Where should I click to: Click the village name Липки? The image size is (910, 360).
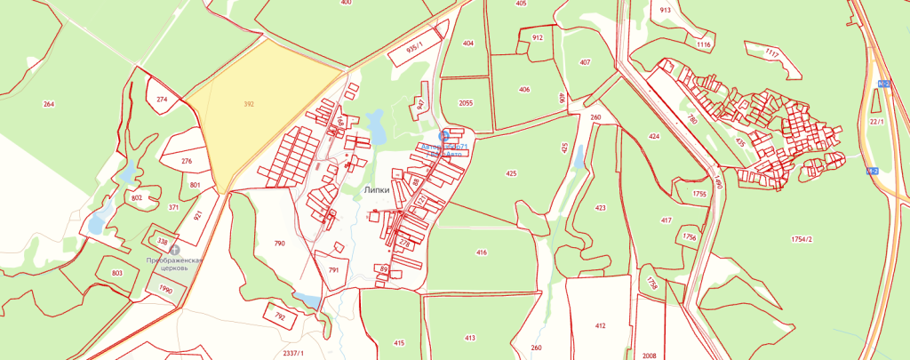pos(379,189)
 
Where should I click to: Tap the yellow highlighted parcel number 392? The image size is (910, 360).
pos(249,104)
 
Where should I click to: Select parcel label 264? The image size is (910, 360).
pos(48,104)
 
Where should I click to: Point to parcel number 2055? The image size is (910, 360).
pos(466,103)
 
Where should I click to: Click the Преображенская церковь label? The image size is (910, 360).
pos(175,264)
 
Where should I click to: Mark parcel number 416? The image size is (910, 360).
pos(482,252)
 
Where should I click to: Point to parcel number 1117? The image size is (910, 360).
pos(770,54)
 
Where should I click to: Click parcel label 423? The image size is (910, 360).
pos(601,207)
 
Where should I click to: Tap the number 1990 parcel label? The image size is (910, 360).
pos(165,289)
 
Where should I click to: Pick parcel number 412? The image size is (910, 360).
pos(600,326)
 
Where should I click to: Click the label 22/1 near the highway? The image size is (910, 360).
pos(876,121)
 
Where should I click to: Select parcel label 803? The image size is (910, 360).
pos(117,273)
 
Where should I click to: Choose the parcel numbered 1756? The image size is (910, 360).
pos(690,236)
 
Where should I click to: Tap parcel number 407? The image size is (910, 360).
pos(585,62)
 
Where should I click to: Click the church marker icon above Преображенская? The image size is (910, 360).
pos(174,249)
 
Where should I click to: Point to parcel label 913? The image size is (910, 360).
pos(665,10)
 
